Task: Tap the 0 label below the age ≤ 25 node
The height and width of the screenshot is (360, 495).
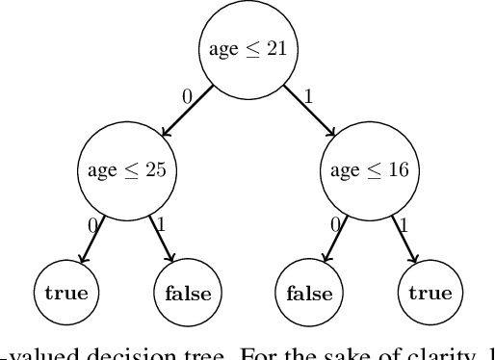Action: (91, 224)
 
